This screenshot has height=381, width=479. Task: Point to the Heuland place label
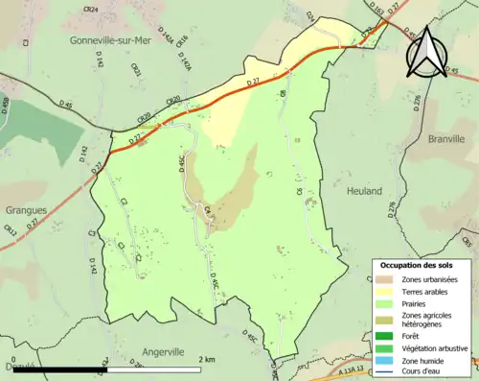coord(361,191)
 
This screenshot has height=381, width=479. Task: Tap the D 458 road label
coord(5,103)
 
